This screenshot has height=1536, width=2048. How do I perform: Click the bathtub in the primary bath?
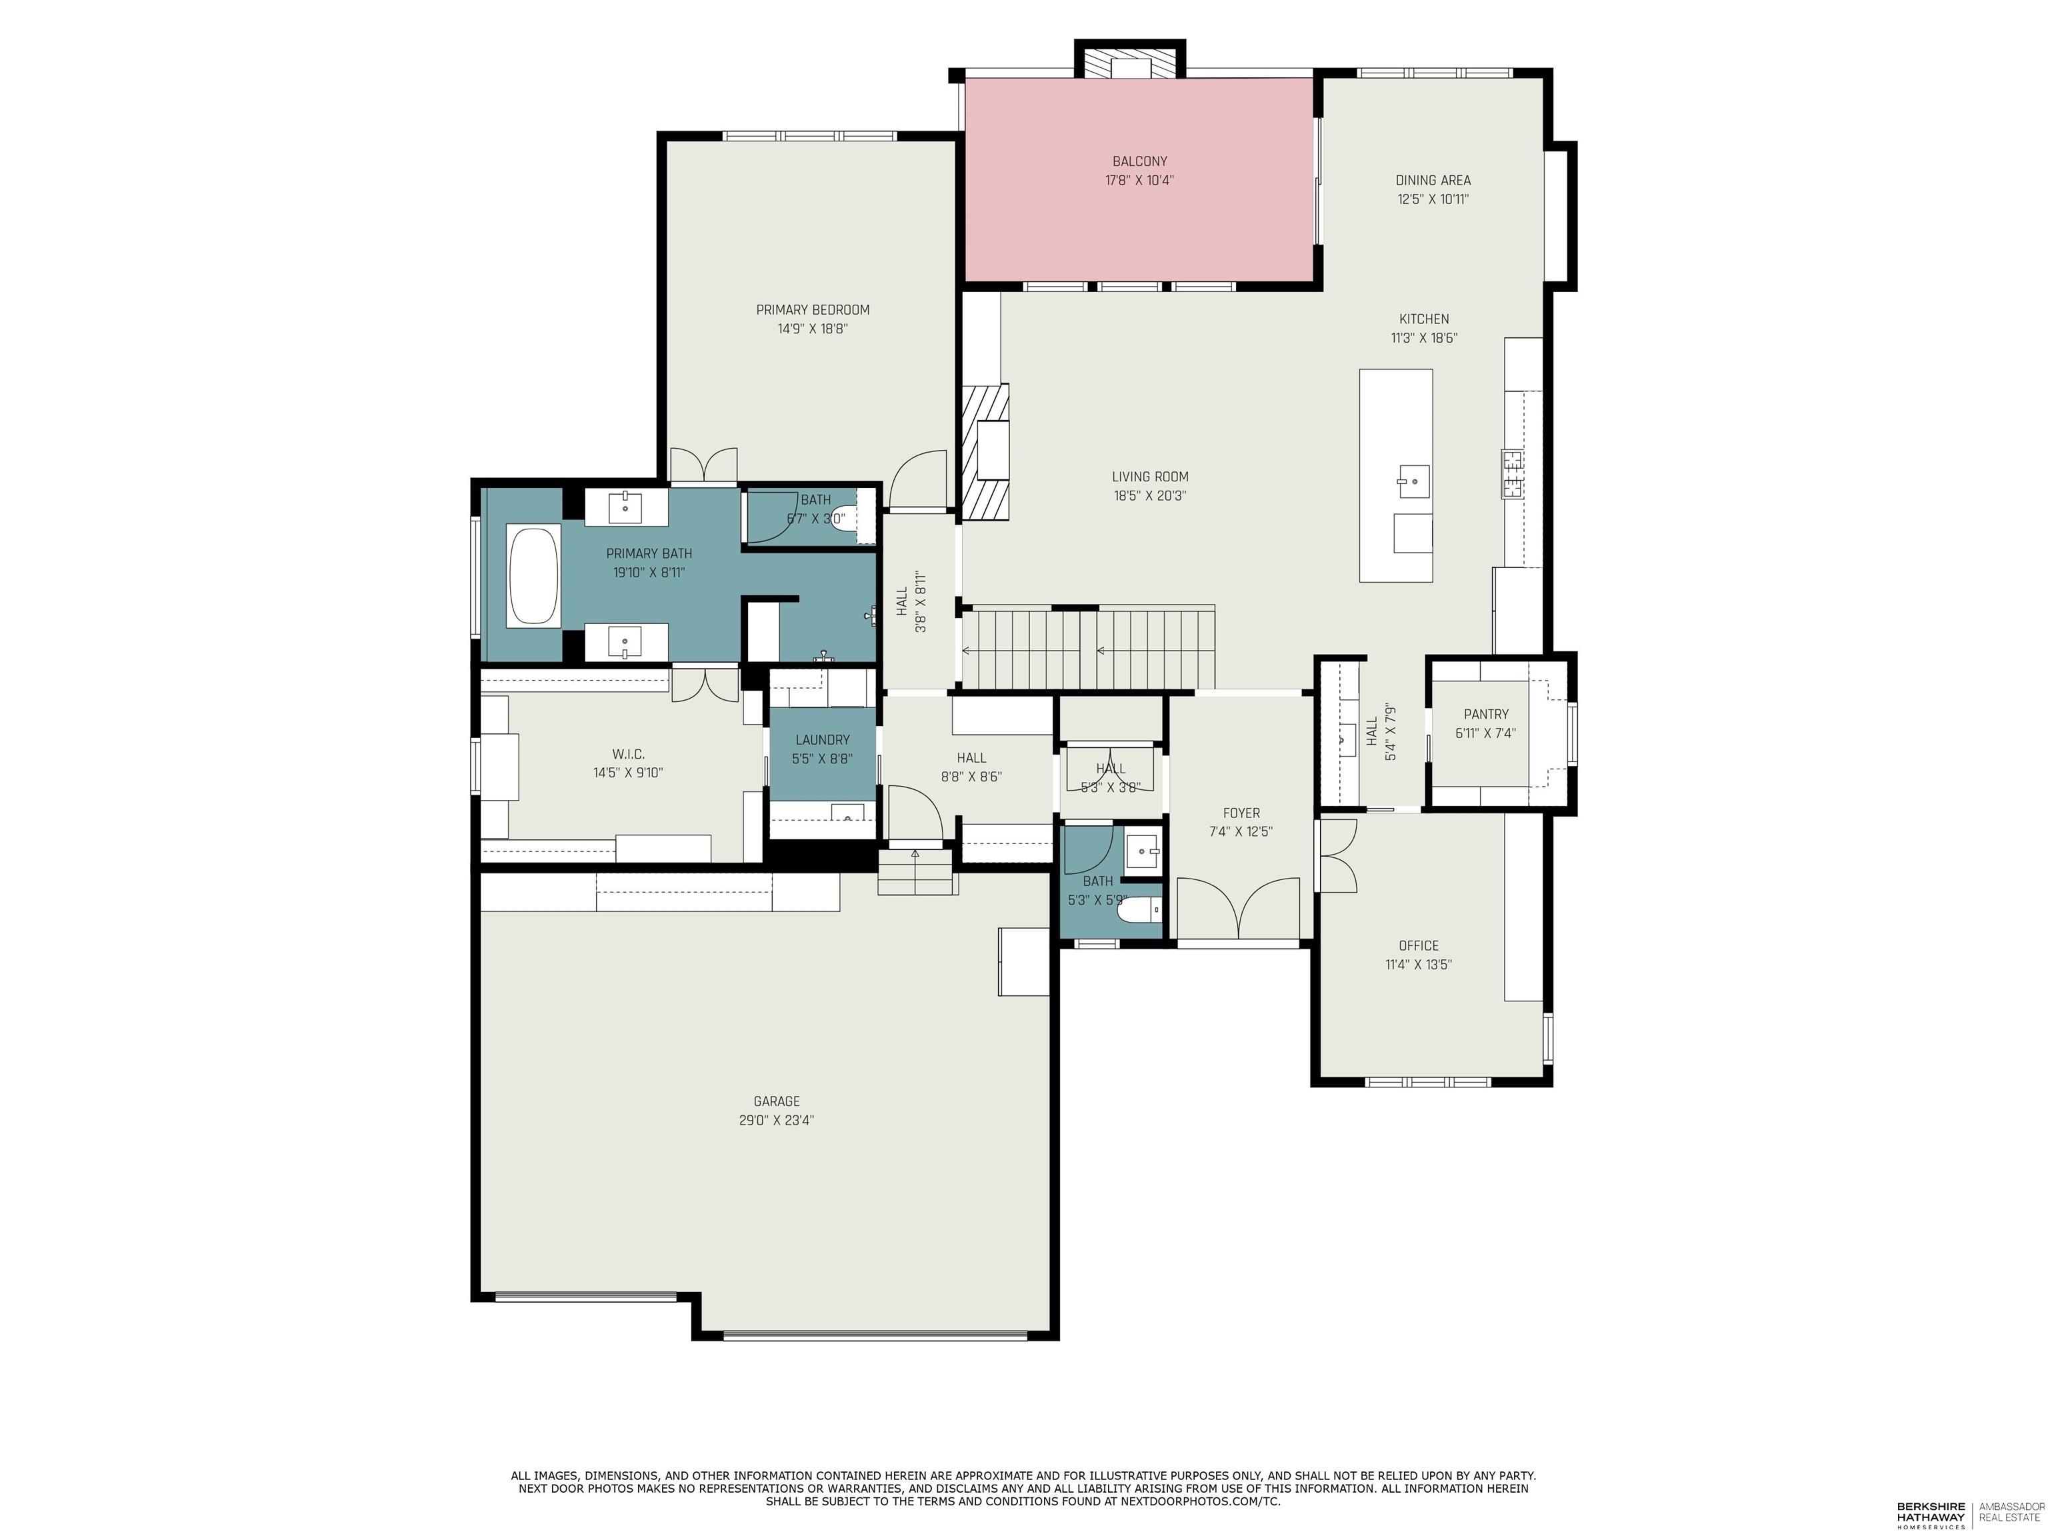click(533, 576)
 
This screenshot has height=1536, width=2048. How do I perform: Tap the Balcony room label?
click(1140, 162)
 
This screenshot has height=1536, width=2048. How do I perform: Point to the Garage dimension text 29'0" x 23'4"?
click(776, 1120)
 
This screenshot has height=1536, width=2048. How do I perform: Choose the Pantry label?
click(1486, 714)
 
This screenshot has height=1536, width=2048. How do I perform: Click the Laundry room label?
click(822, 740)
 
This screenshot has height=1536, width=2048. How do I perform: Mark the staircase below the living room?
click(1088, 649)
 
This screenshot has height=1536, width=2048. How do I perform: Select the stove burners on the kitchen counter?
click(1513, 474)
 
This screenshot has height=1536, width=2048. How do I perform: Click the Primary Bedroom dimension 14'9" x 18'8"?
click(812, 329)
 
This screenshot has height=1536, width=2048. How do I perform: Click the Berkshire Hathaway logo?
click(1931, 1515)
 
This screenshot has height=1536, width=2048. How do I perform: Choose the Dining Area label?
click(1432, 181)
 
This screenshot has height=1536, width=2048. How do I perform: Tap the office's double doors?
click(1337, 857)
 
